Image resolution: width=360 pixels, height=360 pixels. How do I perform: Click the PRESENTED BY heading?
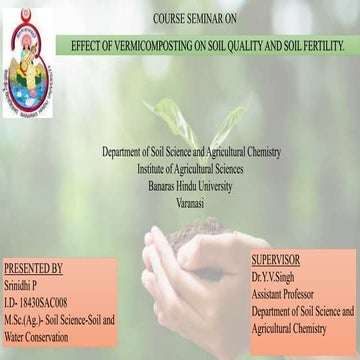coord(33,269)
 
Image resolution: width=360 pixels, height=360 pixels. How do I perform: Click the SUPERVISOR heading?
coord(276,259)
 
